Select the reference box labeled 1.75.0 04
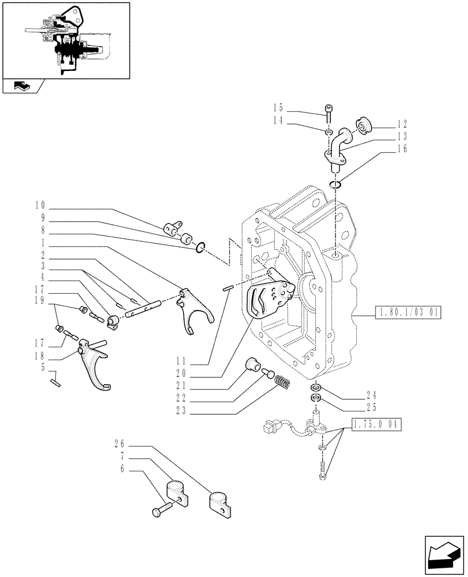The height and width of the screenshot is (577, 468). [375, 425]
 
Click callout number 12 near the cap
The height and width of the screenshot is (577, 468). [402, 123]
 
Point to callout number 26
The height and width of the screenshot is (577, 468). [119, 444]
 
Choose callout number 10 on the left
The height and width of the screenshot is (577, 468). [40, 205]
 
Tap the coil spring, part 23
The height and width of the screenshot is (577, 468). [282, 381]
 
